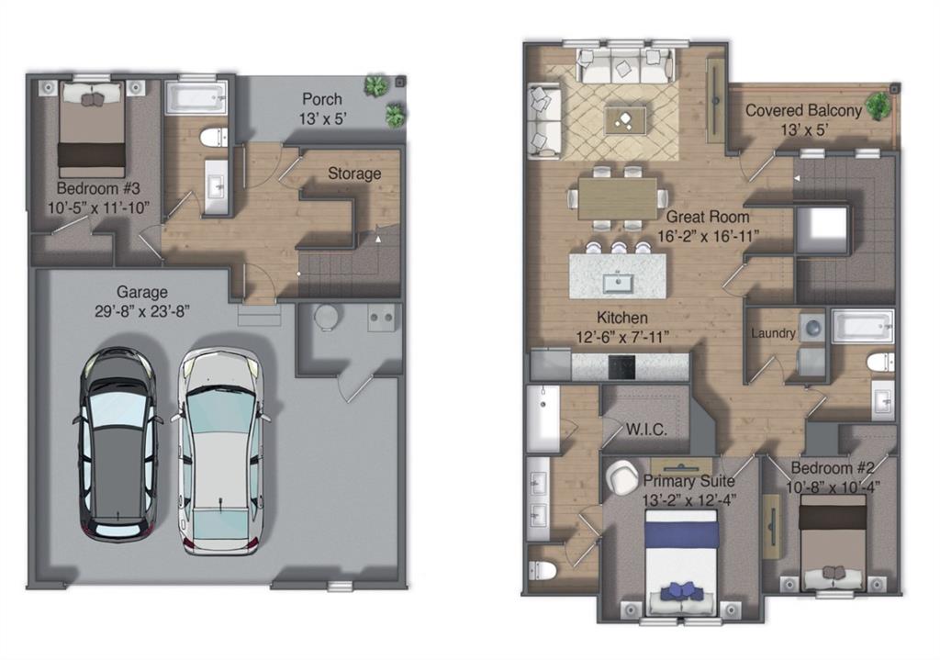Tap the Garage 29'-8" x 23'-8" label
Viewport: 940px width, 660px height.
pyautogui.click(x=141, y=302)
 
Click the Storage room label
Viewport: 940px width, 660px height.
pyautogui.click(x=354, y=173)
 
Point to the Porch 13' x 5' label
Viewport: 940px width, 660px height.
pyautogui.click(x=322, y=107)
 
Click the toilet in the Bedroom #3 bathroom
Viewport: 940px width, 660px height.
pyautogui.click(x=213, y=138)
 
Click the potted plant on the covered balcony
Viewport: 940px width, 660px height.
pyautogui.click(x=878, y=105)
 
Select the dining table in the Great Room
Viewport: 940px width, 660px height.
pyautogui.click(x=618, y=198)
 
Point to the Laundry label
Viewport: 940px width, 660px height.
pyautogui.click(x=773, y=333)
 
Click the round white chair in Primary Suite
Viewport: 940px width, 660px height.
pyautogui.click(x=622, y=476)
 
